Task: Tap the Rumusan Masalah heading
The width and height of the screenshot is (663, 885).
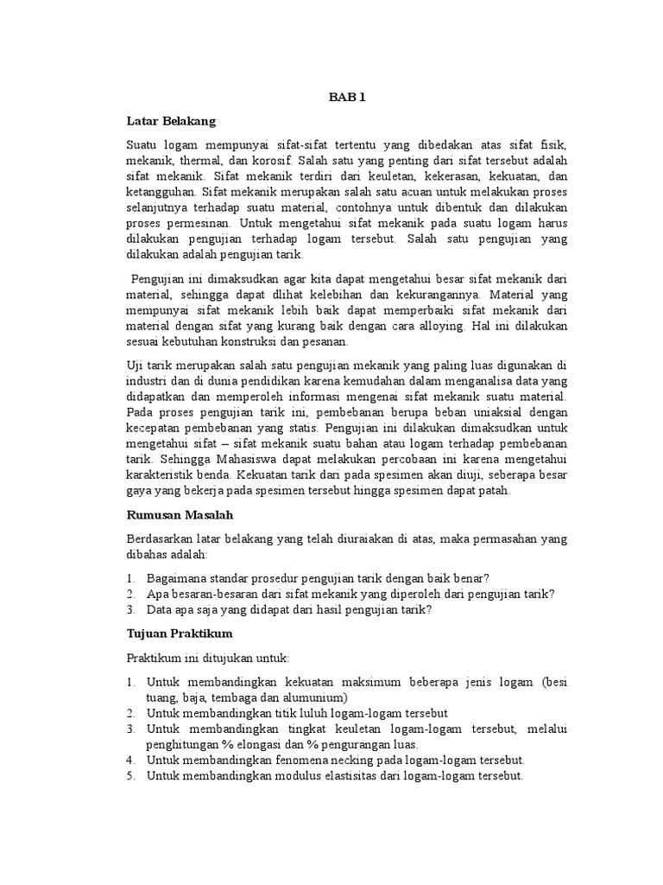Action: pyautogui.click(x=179, y=514)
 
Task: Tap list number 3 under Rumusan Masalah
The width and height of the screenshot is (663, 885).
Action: pyautogui.click(x=130, y=609)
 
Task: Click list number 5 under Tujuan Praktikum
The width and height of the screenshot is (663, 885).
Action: pyautogui.click(x=130, y=776)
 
